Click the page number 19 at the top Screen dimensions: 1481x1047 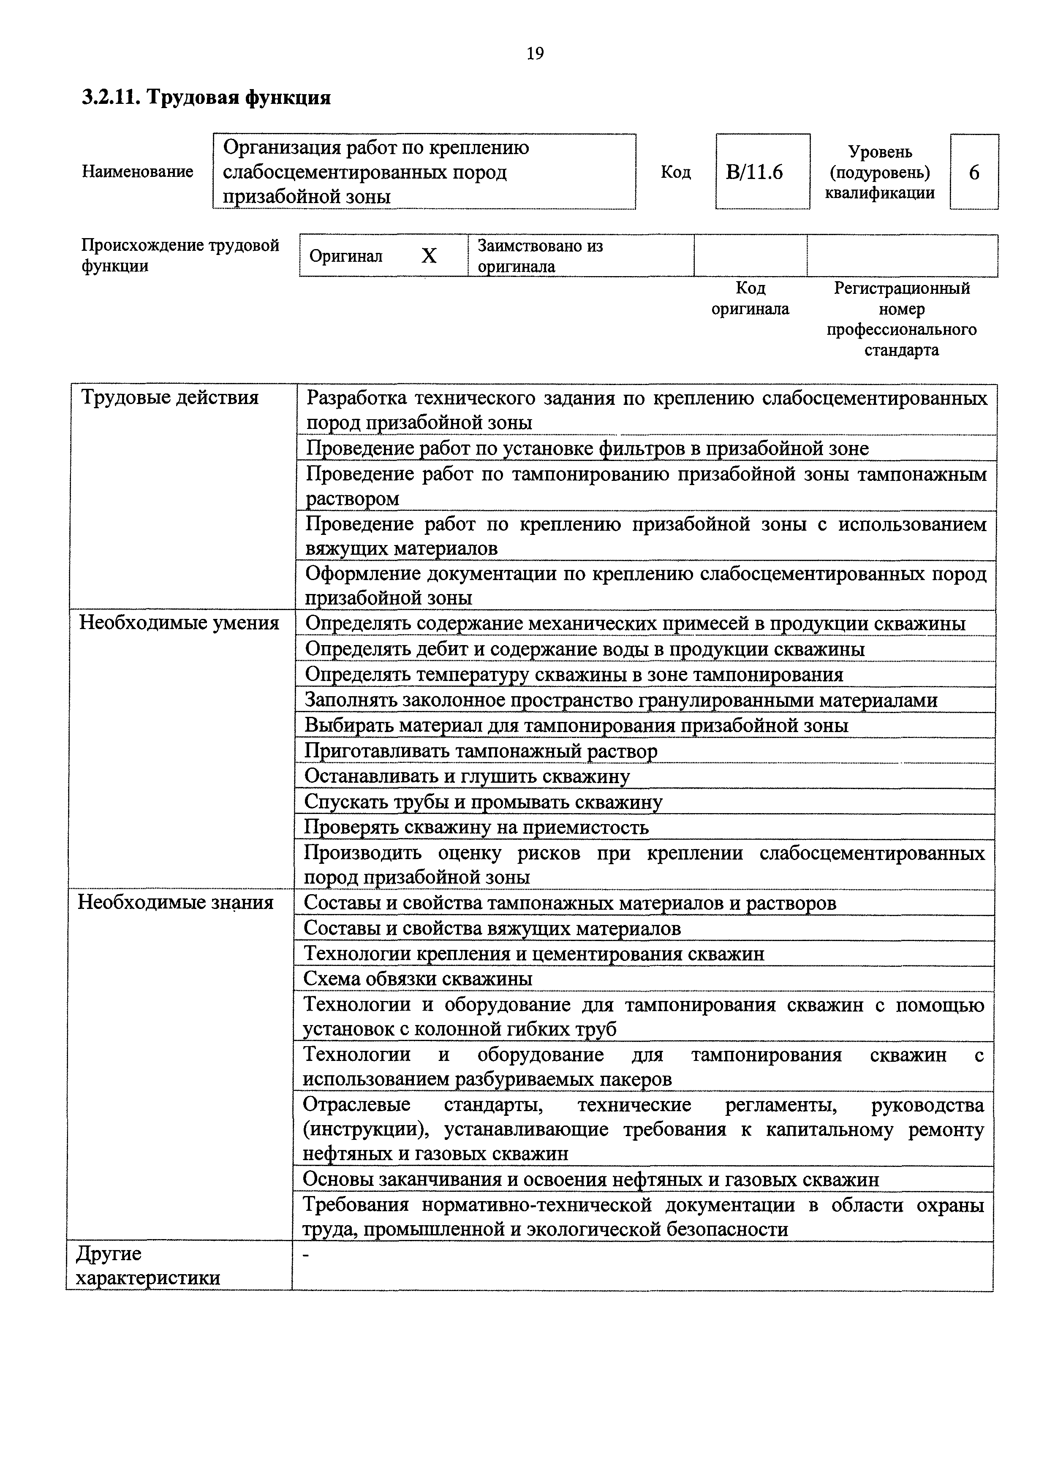point(535,53)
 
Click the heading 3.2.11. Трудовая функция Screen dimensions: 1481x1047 point(207,98)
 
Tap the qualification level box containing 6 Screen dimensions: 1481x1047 point(974,172)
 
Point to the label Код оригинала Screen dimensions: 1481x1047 point(750,298)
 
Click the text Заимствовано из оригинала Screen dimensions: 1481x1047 point(541,256)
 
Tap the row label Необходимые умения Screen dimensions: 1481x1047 point(179,623)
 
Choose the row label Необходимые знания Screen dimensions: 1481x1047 point(175,902)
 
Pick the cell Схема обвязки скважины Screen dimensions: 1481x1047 point(418,979)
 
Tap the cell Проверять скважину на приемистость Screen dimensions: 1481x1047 point(476,827)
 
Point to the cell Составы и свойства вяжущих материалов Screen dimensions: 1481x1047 point(492,928)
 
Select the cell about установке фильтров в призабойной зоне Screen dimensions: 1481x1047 point(587,448)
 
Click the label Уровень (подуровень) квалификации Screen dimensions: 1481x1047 point(879,172)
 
